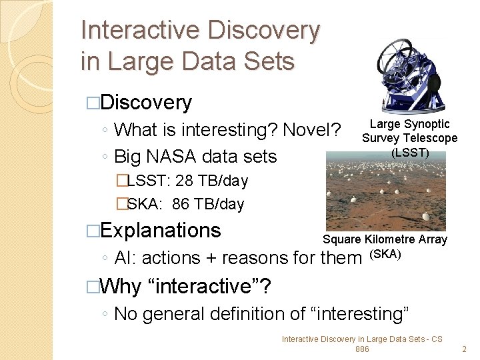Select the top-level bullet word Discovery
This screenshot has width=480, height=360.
(x=146, y=103)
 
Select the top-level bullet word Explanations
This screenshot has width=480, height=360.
(x=161, y=231)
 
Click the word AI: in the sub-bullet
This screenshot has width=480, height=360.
(x=125, y=258)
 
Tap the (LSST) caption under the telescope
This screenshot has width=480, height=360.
(x=409, y=153)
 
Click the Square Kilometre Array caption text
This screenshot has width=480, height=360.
(x=385, y=239)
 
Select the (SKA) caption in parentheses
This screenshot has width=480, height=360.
(x=385, y=253)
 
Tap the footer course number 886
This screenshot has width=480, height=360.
(x=362, y=349)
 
